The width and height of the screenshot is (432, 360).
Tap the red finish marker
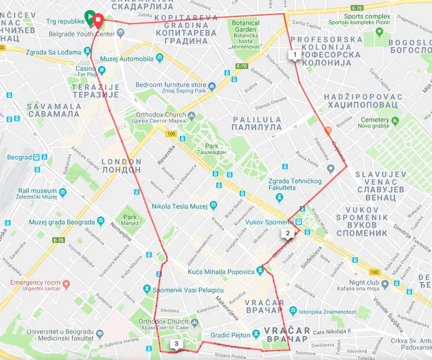coord(98,21)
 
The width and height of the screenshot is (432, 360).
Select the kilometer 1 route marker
coord(295,55)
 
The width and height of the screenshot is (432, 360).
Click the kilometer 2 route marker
coord(288,233)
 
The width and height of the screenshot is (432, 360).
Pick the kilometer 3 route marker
coord(176,344)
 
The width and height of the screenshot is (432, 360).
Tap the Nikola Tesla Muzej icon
coord(213,206)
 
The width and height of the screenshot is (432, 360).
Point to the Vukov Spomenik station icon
coord(300,222)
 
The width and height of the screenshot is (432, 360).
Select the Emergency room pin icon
coord(66,284)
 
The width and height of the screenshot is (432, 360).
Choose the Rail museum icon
coord(63,192)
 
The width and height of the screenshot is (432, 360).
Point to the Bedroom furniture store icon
coord(213,86)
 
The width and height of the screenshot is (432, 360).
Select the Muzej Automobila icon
coord(159,58)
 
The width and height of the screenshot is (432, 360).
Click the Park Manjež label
coord(130,213)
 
